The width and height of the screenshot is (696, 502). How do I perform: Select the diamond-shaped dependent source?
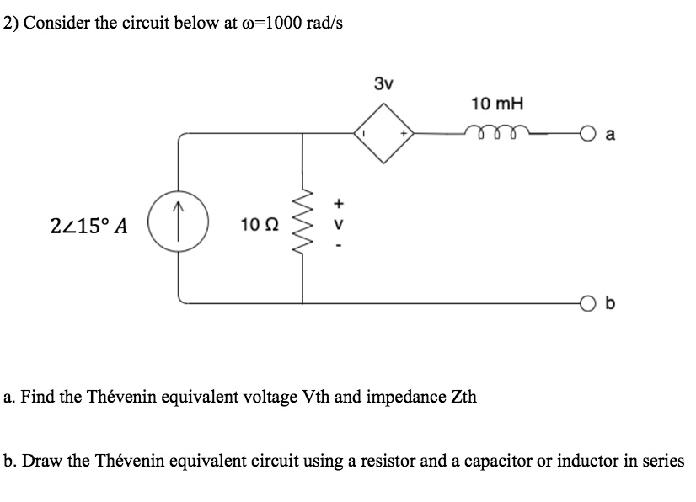387,132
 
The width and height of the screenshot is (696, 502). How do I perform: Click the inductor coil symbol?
498,131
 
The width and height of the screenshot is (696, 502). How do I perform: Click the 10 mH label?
497,104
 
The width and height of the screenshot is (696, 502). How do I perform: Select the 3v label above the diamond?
383,83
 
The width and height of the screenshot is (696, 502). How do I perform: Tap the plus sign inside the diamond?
404,132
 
